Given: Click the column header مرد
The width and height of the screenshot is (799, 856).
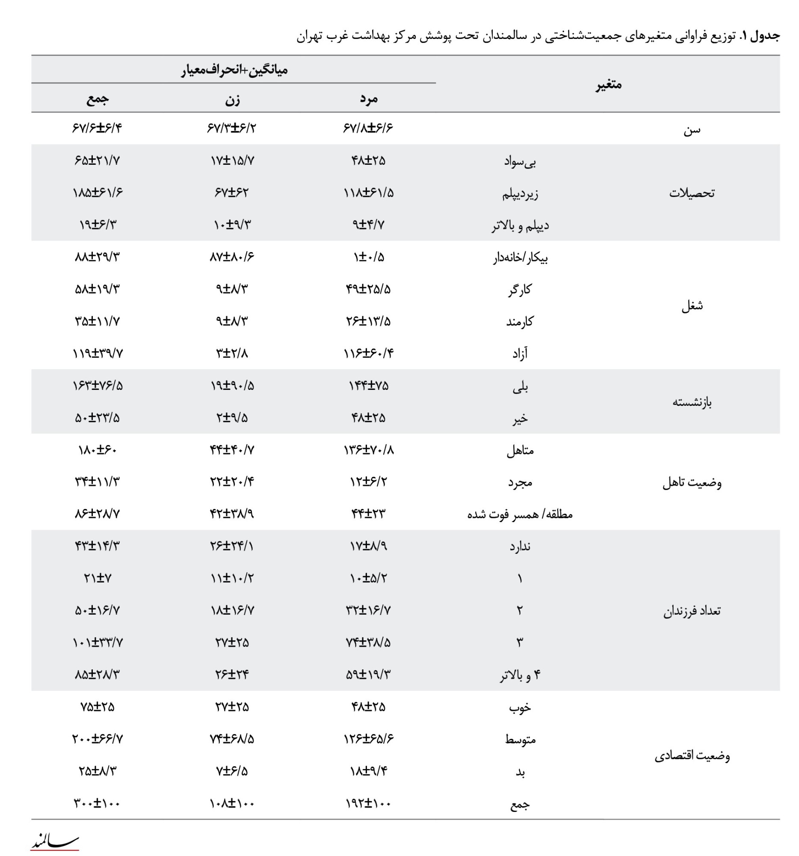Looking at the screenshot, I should click(x=368, y=98).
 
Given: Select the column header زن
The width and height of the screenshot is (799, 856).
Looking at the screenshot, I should click(x=232, y=99).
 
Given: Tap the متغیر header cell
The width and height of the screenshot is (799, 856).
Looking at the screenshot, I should click(x=608, y=84).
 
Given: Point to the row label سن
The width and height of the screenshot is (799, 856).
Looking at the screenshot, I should click(x=692, y=129).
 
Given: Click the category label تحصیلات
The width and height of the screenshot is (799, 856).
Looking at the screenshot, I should click(x=692, y=193).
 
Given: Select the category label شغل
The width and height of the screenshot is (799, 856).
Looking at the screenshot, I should click(x=692, y=306).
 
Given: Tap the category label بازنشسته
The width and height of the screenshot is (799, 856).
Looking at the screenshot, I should click(x=692, y=402).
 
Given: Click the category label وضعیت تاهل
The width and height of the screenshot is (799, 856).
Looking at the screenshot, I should click(x=692, y=482).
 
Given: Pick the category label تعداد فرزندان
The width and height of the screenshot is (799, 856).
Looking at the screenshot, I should click(x=692, y=611).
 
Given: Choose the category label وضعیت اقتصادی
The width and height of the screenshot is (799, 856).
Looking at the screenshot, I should click(x=692, y=756).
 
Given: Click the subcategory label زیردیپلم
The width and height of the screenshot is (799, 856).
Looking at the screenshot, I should click(x=520, y=193).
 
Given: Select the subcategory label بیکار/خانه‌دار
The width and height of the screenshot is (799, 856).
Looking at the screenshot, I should click(x=520, y=258).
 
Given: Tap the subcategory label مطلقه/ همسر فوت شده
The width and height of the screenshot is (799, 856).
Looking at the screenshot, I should click(x=520, y=514).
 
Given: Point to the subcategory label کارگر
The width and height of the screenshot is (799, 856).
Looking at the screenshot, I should click(x=520, y=289).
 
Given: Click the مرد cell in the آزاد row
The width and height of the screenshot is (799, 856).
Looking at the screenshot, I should click(x=368, y=354).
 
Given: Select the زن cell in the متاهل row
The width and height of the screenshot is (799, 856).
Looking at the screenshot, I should click(x=232, y=450).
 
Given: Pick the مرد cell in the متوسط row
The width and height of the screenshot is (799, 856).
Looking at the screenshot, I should click(x=368, y=739).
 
